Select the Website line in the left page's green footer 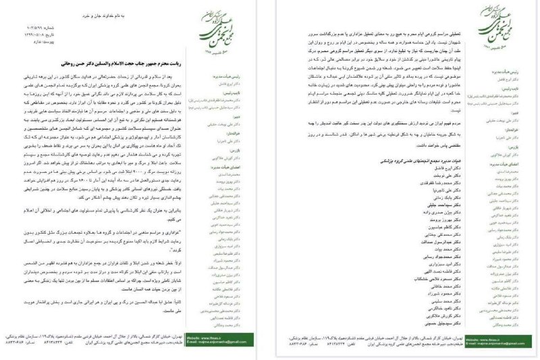tap(223, 338)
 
